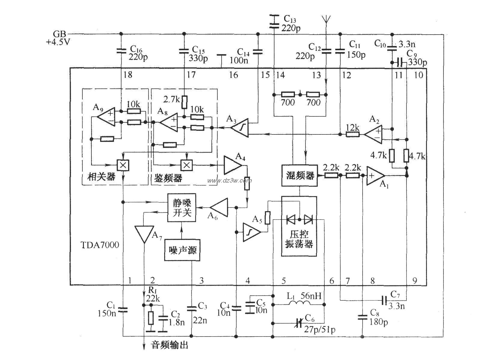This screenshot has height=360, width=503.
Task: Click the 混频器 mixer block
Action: [299, 176]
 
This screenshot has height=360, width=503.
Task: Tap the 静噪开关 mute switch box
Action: [182, 208]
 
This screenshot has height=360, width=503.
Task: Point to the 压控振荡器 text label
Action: [299, 239]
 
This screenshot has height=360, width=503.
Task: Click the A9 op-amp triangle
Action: [106, 117]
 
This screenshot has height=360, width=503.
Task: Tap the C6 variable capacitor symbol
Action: [298, 323]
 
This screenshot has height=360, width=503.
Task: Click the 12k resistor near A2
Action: [352, 134]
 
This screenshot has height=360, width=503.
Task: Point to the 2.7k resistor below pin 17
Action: [184, 103]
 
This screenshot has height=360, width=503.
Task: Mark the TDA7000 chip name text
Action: [100, 245]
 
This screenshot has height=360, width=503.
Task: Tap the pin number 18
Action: [128, 75]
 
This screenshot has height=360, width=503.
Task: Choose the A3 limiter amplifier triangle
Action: [240, 128]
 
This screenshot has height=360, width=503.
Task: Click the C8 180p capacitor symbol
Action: [363, 317]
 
